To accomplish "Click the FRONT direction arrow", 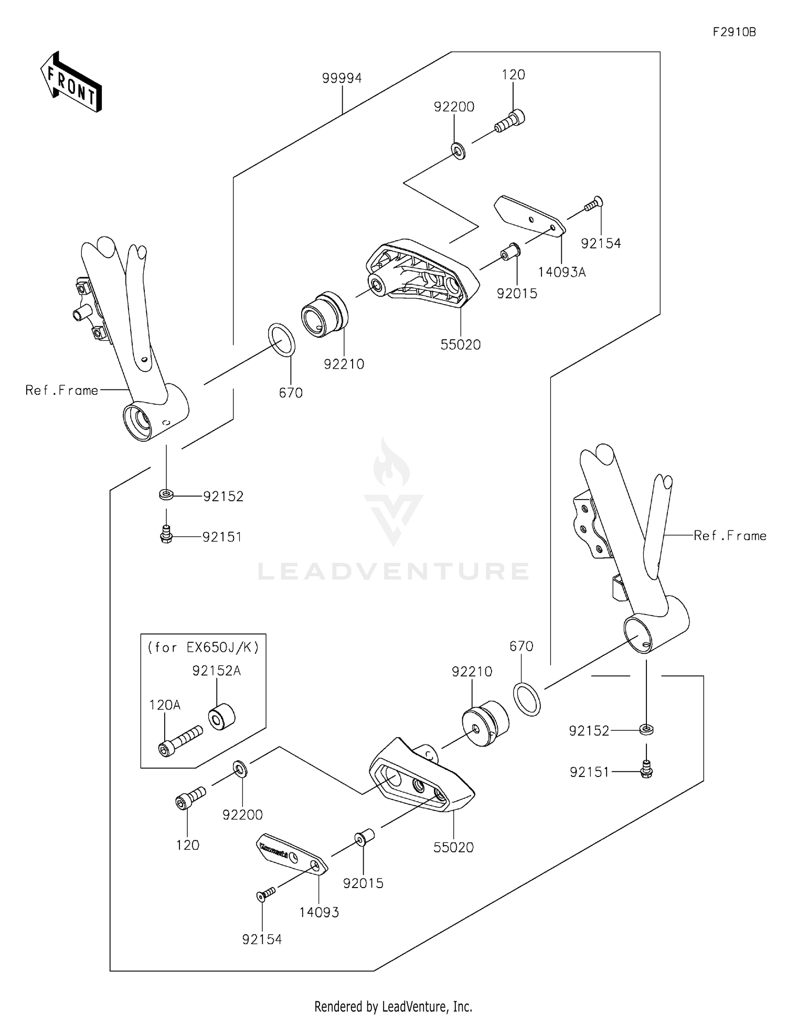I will (71, 82).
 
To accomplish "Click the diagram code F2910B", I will (734, 32).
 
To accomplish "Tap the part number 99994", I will (342, 78).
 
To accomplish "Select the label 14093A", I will (561, 272).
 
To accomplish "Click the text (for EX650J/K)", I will (203, 647).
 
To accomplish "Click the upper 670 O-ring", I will (282, 340).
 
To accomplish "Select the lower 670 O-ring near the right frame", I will (527, 699).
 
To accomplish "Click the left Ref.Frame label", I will (62, 391).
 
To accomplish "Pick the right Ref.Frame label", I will (729, 536).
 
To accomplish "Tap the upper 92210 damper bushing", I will (324, 314).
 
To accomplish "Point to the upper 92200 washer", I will (459, 150).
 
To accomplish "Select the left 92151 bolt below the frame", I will (166, 534).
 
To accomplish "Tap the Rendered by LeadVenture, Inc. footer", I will (393, 1007).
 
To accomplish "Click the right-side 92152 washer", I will (647, 729).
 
